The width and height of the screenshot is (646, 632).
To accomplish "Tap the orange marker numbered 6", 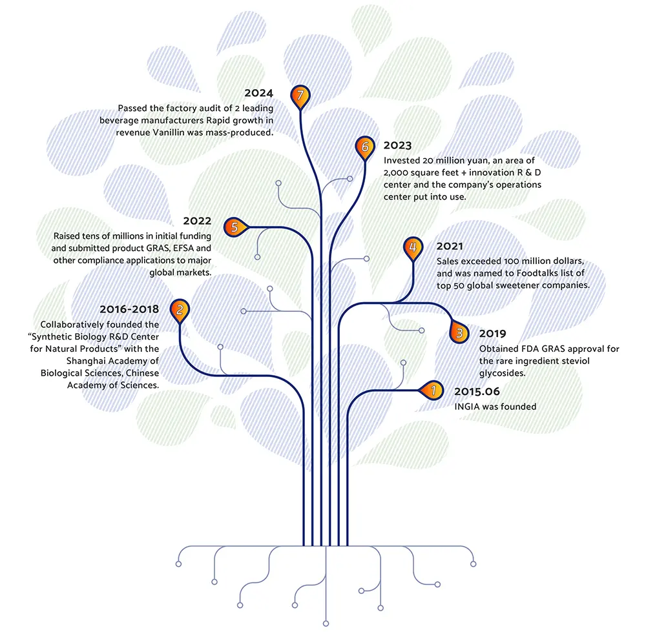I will pos(364,147).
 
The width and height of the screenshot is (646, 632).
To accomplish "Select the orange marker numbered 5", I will pos(234,227).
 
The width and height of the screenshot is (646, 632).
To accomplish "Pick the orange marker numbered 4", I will pos(412,247).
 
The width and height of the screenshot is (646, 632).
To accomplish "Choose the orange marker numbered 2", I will pos(179,310).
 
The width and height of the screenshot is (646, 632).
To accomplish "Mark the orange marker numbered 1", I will pos(433,390).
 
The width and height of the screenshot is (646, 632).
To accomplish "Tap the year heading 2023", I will pos(397,146).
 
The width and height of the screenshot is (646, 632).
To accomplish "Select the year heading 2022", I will pos(198,221).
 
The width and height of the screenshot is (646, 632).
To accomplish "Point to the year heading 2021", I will pos(450,247).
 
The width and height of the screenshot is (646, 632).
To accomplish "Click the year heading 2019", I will pos(492,334).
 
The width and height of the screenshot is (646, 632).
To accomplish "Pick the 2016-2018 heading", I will pos(129,309).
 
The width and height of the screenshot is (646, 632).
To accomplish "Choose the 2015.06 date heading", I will pos(477,391).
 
